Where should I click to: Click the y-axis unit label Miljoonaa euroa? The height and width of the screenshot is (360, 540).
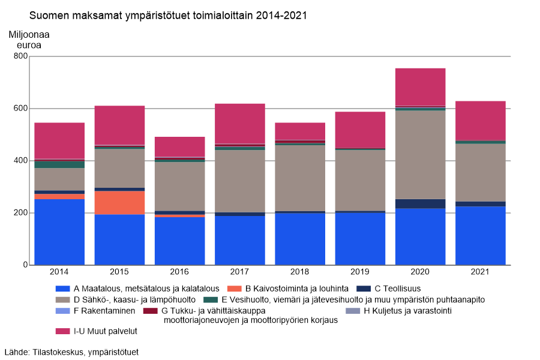[x=29, y=40]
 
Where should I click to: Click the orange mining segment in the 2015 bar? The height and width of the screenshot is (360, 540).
[x=119, y=202]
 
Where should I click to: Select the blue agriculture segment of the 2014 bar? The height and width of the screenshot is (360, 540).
[x=59, y=232]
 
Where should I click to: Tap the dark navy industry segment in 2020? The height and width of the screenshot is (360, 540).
[x=420, y=203]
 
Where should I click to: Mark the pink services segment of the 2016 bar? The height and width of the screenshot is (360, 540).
[x=179, y=146]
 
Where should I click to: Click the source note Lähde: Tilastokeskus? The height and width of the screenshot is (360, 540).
[x=71, y=352]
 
